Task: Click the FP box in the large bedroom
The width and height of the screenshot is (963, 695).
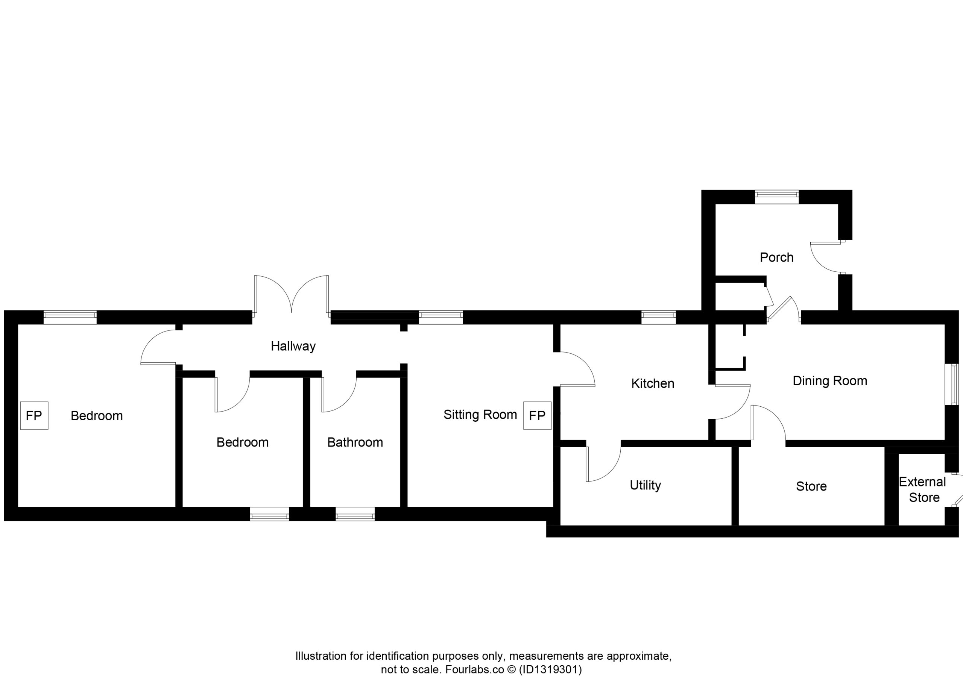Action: tap(34, 415)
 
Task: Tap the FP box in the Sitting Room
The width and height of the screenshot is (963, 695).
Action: tap(537, 415)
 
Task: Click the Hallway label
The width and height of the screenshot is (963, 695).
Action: tap(293, 346)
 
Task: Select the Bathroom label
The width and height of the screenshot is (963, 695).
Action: tap(355, 442)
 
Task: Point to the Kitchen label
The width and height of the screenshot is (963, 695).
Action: tap(653, 383)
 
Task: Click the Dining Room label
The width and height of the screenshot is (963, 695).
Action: tap(830, 381)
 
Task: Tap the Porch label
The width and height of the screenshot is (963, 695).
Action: tap(776, 257)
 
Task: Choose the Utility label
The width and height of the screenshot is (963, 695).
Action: tap(646, 485)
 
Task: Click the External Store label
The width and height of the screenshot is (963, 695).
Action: tap(923, 490)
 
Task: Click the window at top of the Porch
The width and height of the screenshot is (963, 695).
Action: tap(776, 197)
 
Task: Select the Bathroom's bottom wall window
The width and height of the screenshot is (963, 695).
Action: tap(355, 514)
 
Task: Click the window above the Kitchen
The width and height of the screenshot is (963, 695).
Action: tap(658, 317)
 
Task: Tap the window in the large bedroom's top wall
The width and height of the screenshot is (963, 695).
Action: tap(70, 317)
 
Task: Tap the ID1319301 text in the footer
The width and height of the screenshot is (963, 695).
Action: tap(550, 669)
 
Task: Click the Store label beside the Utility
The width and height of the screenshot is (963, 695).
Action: tap(811, 486)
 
